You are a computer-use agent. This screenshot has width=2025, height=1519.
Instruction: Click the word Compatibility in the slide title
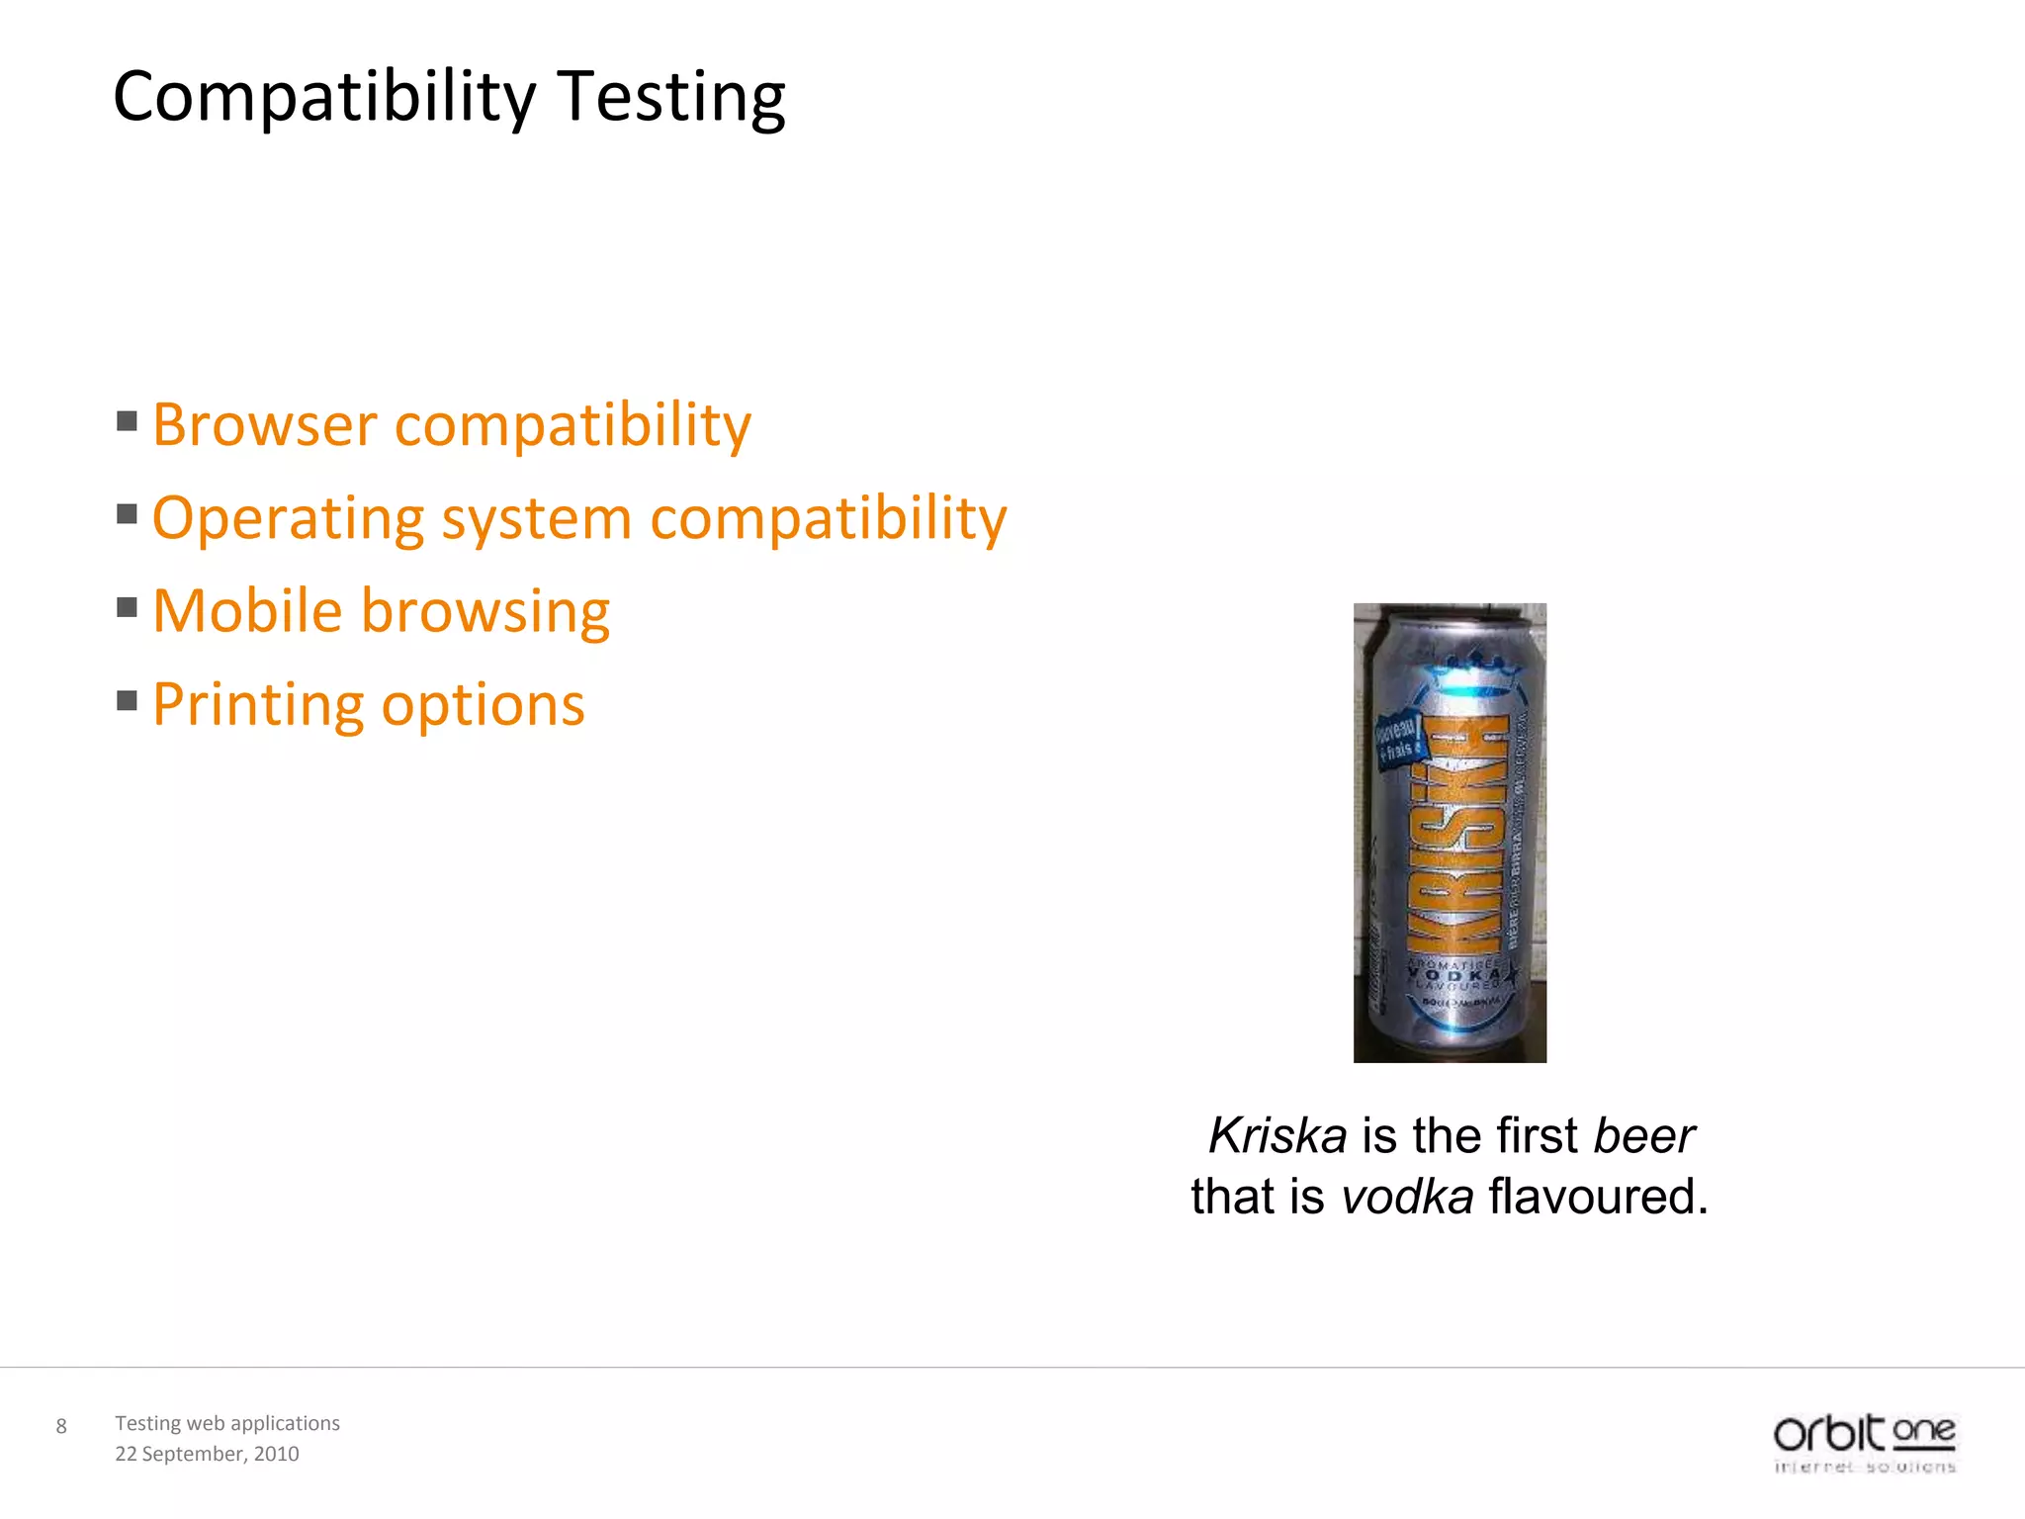[x=324, y=98]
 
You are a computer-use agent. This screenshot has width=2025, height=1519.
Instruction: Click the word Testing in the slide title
[x=671, y=98]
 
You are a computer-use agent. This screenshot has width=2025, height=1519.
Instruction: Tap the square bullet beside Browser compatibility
[x=127, y=422]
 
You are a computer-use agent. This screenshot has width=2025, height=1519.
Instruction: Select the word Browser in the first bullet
[x=264, y=425]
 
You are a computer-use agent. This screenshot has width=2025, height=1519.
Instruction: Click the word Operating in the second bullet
[x=288, y=519]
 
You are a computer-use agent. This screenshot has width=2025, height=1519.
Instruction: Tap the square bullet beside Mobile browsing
[x=127, y=607]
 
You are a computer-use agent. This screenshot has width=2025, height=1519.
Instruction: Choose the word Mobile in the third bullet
[x=247, y=610]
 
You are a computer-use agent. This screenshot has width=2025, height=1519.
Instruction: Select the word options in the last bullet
[x=484, y=706]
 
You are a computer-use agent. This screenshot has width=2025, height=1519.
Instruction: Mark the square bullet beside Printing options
[x=127, y=701]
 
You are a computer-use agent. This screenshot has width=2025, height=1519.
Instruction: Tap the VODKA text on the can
[x=1453, y=975]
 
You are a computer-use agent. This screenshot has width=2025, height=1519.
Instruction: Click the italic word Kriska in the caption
[x=1277, y=1135]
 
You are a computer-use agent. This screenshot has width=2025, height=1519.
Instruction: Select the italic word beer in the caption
[x=1644, y=1135]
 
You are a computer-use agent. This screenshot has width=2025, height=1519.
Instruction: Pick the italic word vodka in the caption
[x=1407, y=1197]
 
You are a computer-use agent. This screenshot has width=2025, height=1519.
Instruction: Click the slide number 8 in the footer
[x=61, y=1426]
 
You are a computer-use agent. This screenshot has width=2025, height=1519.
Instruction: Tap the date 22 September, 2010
[x=207, y=1454]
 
